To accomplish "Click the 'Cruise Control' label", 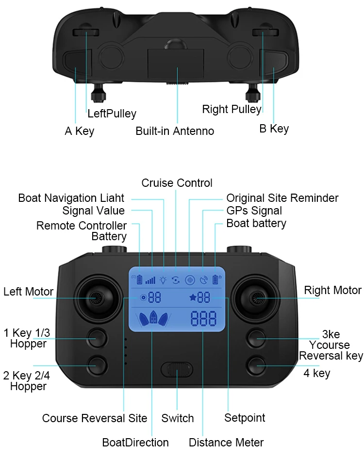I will pos(177,183).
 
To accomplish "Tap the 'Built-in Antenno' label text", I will pos(175,131).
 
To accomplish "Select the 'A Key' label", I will pos(80,131).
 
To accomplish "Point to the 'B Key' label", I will pos(274,129).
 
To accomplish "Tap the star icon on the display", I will pos(193,297).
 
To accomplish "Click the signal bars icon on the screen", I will pos(151,279).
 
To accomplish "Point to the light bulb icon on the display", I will pos(163,279).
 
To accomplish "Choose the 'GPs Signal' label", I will pos(254,211).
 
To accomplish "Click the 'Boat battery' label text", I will pos(256,223).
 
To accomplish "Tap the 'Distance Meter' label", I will pos(226,443).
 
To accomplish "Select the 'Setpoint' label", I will pos(245,418).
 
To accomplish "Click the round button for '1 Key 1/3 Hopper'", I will pos(97,337).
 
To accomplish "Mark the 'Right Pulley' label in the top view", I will pos(232,109).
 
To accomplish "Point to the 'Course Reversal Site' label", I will pos(95,418).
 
